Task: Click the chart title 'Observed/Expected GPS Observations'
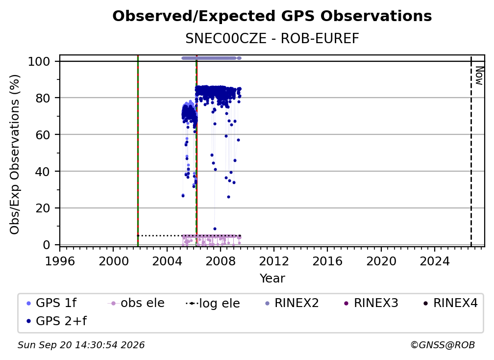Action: pyautogui.click(x=272, y=16)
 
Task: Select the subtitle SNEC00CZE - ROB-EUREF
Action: pyautogui.click(x=272, y=39)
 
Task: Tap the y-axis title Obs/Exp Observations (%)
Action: pyautogui.click(x=15, y=154)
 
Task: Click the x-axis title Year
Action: pyautogui.click(x=272, y=279)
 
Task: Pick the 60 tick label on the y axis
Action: pyautogui.click(x=43, y=135)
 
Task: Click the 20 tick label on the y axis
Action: pyautogui.click(x=43, y=208)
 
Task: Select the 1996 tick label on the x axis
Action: pyautogui.click(x=60, y=261)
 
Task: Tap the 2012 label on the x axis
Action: pyautogui.click(x=274, y=261)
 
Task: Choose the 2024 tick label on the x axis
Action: pyautogui.click(x=434, y=261)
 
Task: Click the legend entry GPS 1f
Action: pyautogui.click(x=51, y=303)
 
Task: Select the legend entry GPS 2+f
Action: pyautogui.click(x=57, y=321)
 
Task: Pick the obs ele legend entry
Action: pyautogui.click(x=136, y=303)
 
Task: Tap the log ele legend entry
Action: pyautogui.click(x=213, y=303)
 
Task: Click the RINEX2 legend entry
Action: pyautogui.click(x=292, y=303)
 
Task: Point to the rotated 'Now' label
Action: pyautogui.click(x=479, y=76)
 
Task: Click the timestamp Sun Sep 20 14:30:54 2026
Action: pyautogui.click(x=81, y=345)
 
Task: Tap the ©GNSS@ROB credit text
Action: pyautogui.click(x=443, y=345)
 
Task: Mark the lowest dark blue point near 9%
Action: pyautogui.click(x=215, y=229)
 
